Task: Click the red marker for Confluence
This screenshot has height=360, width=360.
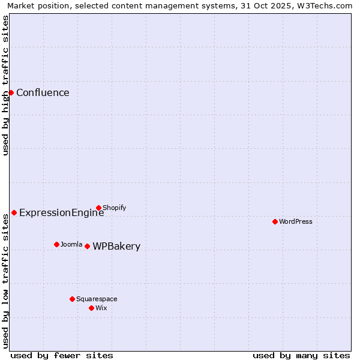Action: pos(11,92)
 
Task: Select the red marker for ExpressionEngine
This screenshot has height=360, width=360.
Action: pos(14,212)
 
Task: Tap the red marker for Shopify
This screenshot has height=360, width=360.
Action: pos(98,208)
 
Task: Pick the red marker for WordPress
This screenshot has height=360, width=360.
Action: pos(275,221)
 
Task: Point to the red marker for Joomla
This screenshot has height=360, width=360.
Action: pos(56,244)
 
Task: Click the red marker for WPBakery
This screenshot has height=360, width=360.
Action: pos(87,246)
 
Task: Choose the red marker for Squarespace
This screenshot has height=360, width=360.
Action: pos(72,299)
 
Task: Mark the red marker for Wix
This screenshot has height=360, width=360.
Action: pos(91,308)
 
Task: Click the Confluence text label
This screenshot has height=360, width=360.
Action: pos(43,92)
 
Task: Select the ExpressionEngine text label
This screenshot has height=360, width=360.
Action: pos(61,212)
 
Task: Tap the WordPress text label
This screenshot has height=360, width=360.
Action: pos(296,221)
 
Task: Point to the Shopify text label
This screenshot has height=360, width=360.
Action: pos(115,208)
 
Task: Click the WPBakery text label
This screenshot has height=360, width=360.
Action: pos(116,246)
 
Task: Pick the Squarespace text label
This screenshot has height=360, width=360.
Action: pos(97,299)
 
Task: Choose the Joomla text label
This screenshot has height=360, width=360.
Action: pos(71,244)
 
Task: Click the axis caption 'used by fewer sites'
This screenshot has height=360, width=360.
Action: pos(62,355)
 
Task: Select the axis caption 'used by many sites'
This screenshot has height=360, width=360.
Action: pos(301,355)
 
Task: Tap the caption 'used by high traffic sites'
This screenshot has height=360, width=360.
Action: pos(5,85)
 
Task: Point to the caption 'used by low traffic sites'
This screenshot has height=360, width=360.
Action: pos(5,281)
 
